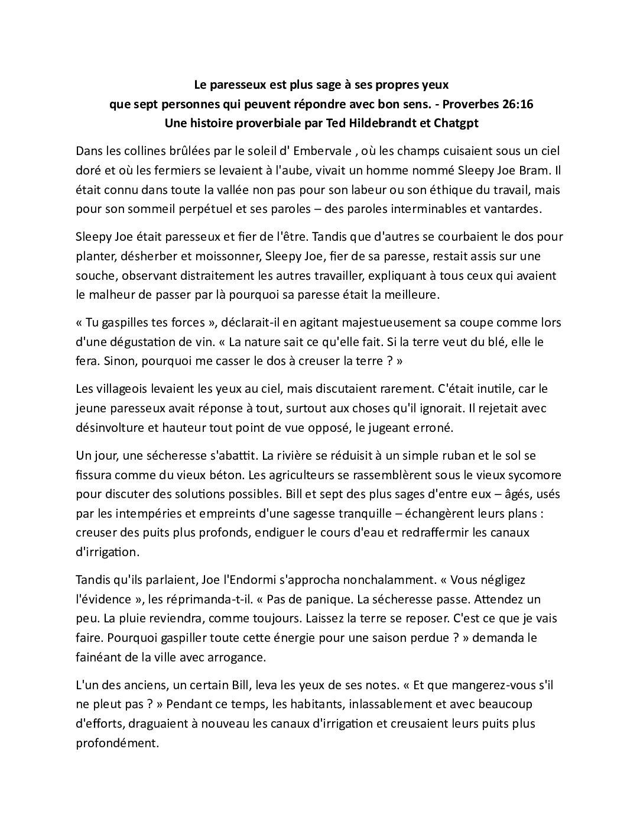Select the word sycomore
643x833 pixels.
534,474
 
